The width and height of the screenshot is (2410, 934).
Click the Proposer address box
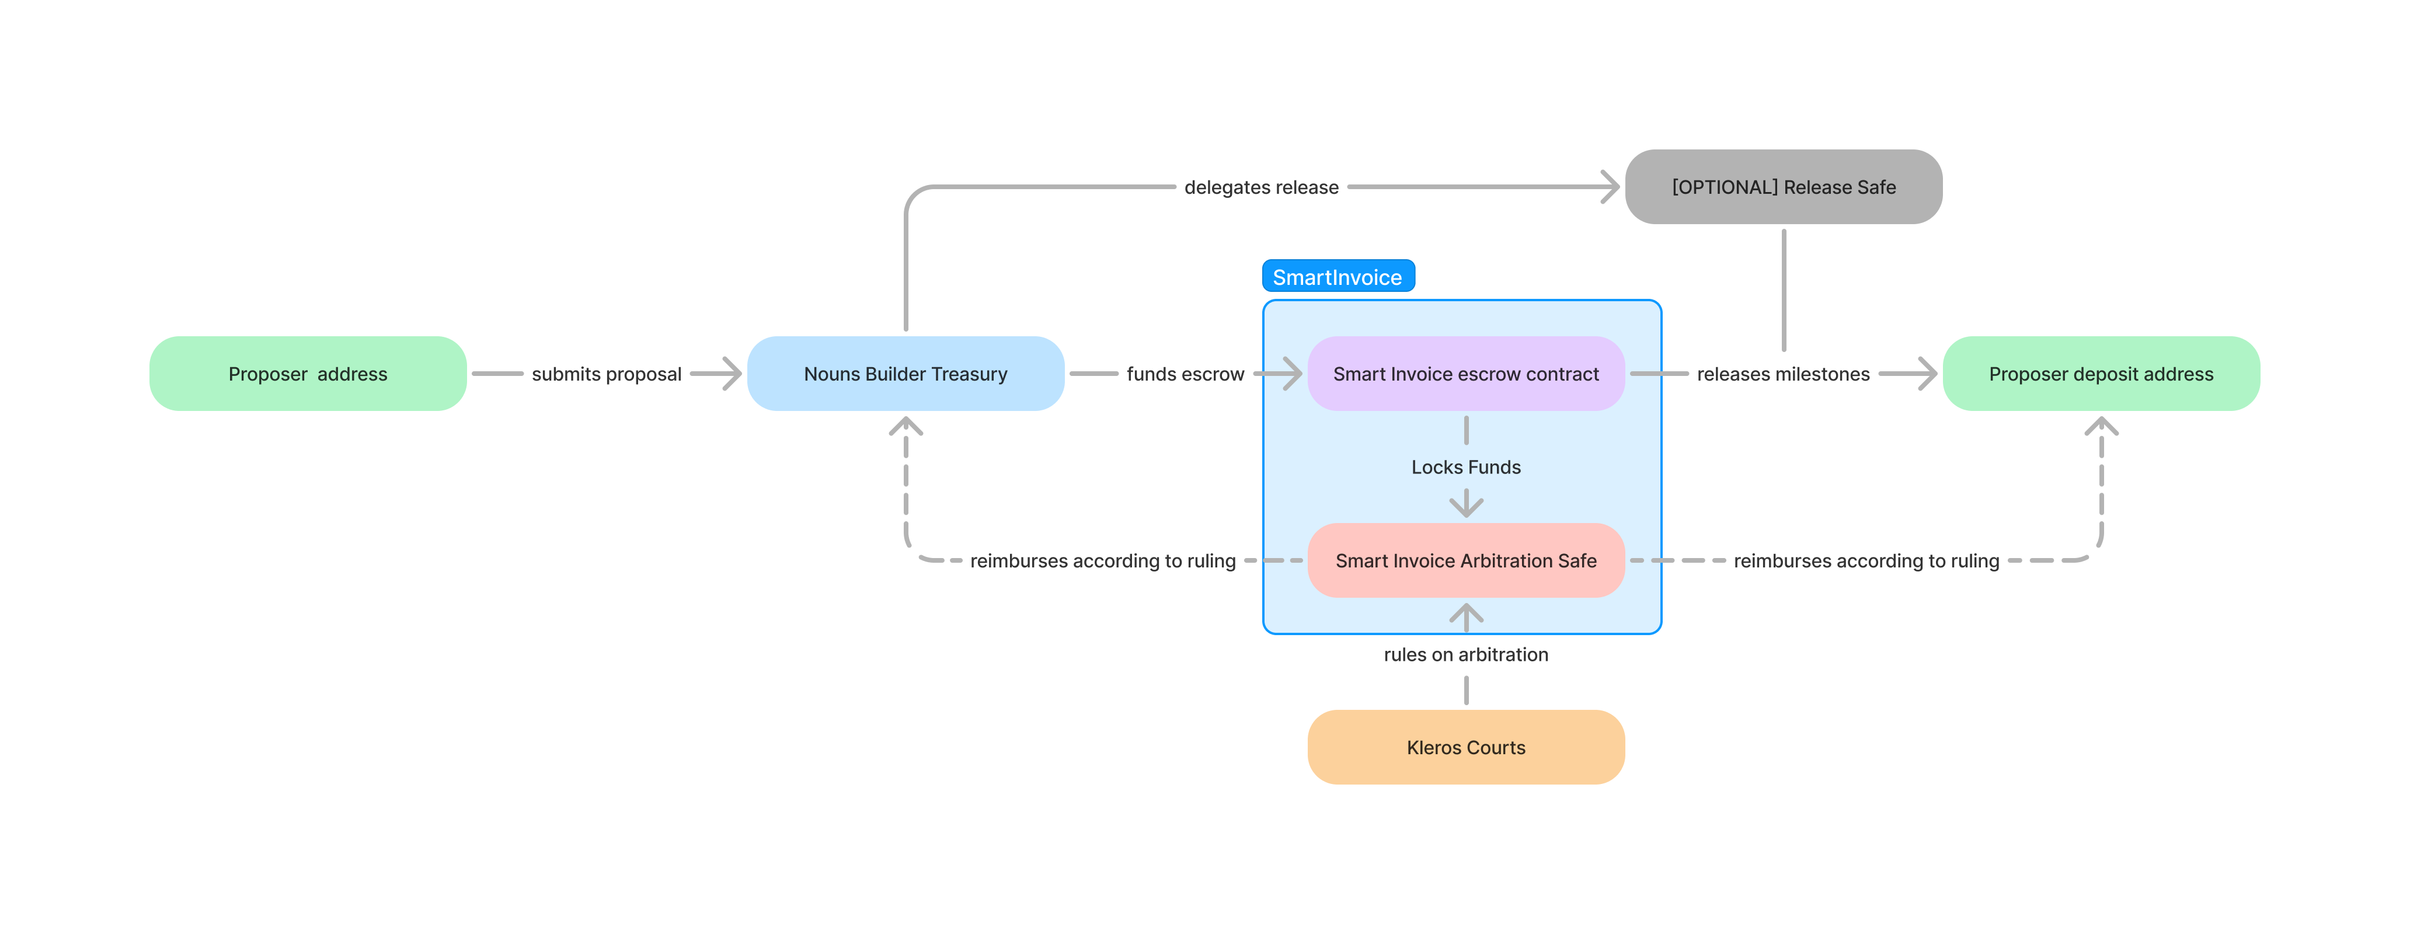coord(308,374)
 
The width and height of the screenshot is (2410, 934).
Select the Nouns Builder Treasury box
coord(905,374)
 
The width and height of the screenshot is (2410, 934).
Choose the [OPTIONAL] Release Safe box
coord(1783,186)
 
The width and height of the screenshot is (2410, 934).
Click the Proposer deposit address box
coord(2101,374)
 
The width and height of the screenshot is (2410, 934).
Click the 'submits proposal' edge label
coord(606,374)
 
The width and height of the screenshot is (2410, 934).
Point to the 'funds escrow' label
coord(1185,374)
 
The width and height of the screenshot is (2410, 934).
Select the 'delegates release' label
coord(1260,187)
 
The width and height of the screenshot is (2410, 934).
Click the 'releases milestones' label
coord(1782,374)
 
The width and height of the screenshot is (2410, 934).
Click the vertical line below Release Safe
coord(1783,290)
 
